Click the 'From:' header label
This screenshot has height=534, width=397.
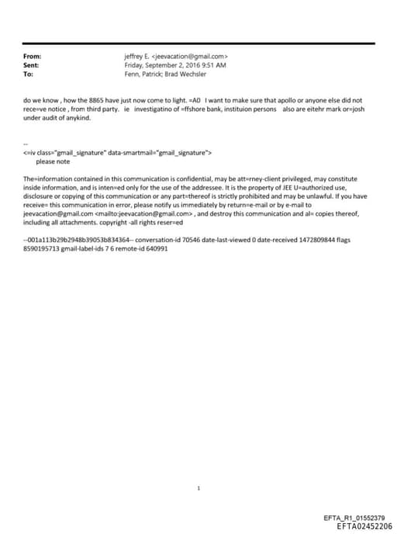click(x=33, y=57)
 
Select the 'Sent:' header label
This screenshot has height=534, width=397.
click(x=32, y=66)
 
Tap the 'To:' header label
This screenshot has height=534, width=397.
click(x=29, y=75)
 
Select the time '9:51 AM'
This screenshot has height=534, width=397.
click(x=216, y=66)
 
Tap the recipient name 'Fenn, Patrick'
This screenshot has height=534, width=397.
click(x=143, y=75)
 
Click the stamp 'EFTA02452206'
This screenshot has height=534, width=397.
click(x=364, y=526)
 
